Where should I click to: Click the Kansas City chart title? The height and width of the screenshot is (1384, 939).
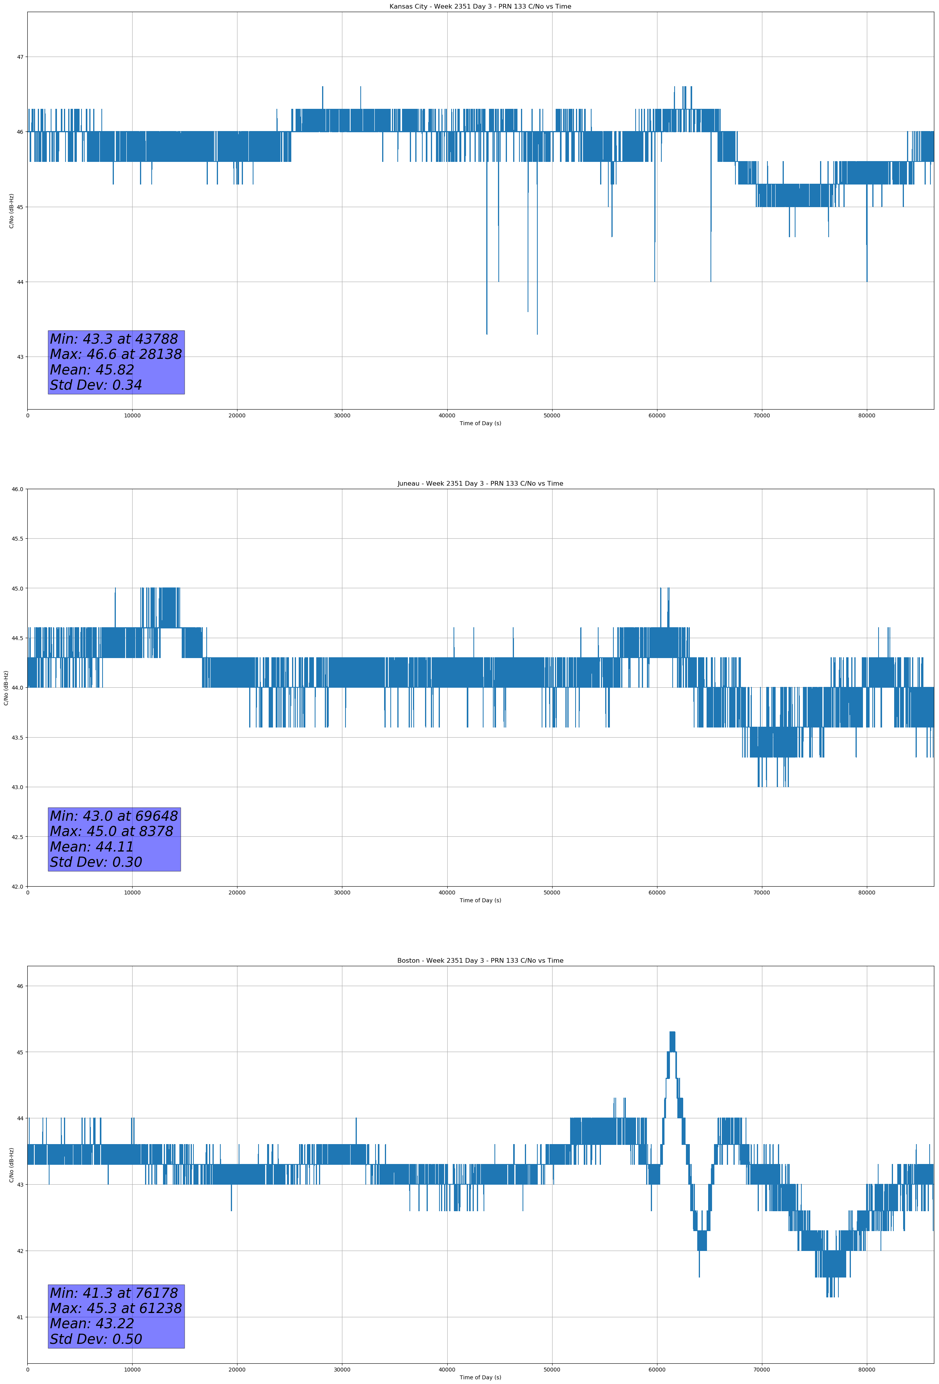pyautogui.click(x=480, y=7)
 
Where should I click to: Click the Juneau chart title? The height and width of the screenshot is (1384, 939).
pyautogui.click(x=480, y=484)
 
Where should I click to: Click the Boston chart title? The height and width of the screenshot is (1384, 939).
pyautogui.click(x=480, y=961)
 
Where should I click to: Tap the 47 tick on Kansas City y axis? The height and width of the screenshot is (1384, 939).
pyautogui.click(x=20, y=57)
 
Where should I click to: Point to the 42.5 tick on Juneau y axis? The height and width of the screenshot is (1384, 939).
pyautogui.click(x=17, y=837)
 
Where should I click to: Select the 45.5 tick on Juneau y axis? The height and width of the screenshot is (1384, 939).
pyautogui.click(x=17, y=539)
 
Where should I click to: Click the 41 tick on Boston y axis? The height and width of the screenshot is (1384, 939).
pyautogui.click(x=20, y=1317)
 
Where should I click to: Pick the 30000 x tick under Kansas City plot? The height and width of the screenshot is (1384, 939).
pyautogui.click(x=342, y=416)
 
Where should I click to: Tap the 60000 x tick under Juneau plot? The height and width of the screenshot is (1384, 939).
pyautogui.click(x=657, y=892)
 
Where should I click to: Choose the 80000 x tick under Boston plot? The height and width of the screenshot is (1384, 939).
pyautogui.click(x=866, y=1369)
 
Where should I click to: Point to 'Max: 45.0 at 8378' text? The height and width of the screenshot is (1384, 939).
pyautogui.click(x=112, y=831)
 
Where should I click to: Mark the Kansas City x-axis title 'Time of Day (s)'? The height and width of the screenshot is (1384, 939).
pyautogui.click(x=480, y=423)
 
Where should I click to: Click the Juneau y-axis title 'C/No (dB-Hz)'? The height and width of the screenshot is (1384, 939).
pyautogui.click(x=6, y=688)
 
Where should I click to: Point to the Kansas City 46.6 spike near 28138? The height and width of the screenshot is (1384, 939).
pyautogui.click(x=323, y=87)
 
